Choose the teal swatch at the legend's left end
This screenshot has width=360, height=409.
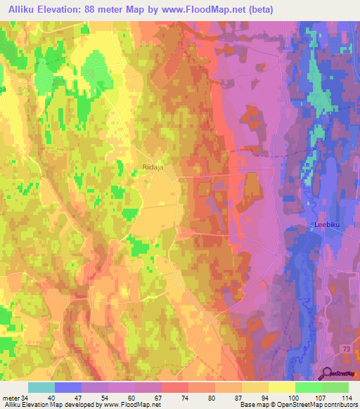pos(41,387)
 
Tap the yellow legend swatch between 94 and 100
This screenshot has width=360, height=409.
pos(282,387)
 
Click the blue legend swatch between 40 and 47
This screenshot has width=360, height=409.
pos(68,387)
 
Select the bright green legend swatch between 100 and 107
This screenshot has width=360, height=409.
pos(309,387)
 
